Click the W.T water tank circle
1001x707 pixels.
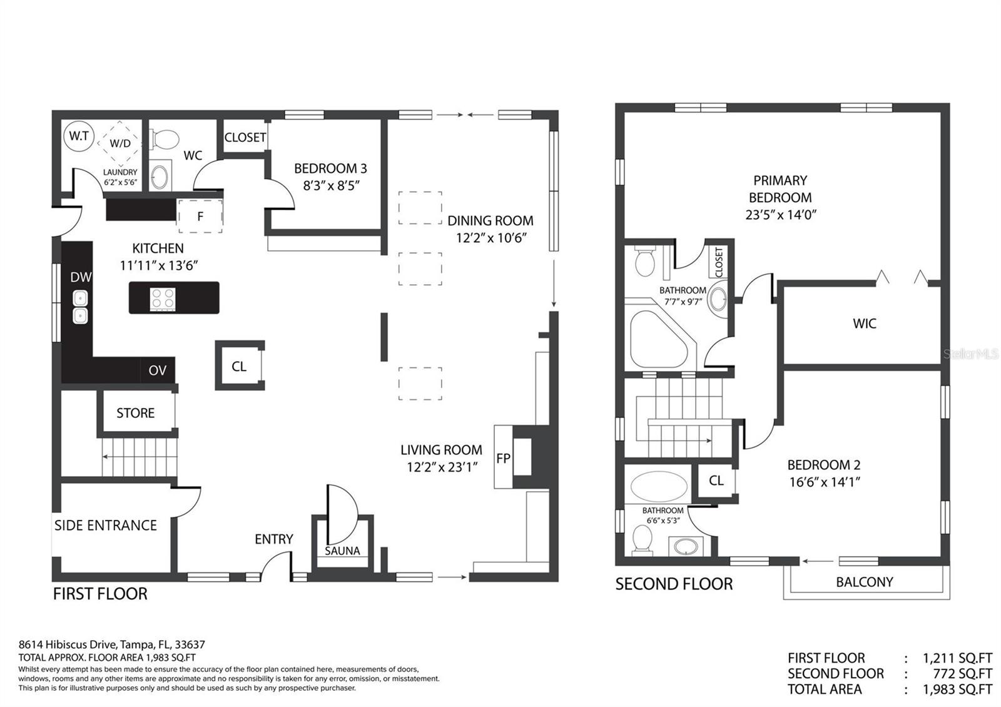click(79, 136)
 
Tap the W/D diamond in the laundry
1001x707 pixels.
click(119, 143)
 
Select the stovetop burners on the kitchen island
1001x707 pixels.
click(163, 298)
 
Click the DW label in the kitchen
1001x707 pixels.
click(81, 277)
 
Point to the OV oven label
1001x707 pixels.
click(157, 370)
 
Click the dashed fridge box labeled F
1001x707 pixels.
click(200, 216)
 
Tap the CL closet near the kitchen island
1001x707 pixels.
click(239, 366)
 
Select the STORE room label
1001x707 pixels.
click(135, 413)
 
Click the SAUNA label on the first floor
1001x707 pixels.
click(342, 551)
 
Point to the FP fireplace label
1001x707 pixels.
click(503, 458)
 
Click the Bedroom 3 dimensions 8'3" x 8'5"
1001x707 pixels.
click(330, 185)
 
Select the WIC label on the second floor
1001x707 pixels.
click(864, 323)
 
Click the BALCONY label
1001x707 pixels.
click(864, 582)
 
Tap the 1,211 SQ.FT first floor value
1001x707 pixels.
click(957, 658)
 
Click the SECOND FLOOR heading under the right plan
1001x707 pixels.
click(674, 584)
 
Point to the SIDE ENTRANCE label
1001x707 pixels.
click(106, 525)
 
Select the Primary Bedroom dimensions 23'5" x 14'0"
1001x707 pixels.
click(780, 215)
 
